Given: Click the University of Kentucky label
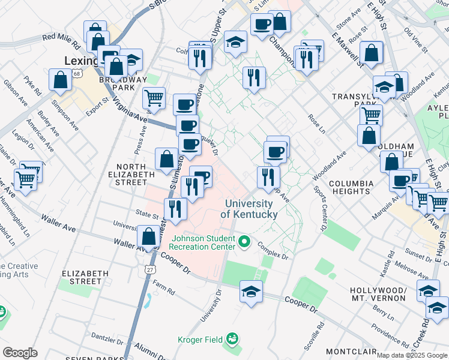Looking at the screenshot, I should (249, 209).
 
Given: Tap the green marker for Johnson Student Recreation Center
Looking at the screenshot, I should (244, 242).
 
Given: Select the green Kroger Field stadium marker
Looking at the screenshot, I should (232, 340).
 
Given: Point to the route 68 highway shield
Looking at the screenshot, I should (77, 73).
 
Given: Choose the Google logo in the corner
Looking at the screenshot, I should (20, 352).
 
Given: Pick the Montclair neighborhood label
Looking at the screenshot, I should (351, 351).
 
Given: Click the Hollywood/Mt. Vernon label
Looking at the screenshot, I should (378, 294).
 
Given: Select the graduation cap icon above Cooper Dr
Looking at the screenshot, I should (251, 292).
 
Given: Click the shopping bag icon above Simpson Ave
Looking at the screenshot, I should (61, 80).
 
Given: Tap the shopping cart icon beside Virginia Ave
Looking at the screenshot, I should (154, 98).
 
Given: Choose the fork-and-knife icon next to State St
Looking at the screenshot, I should (175, 209).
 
